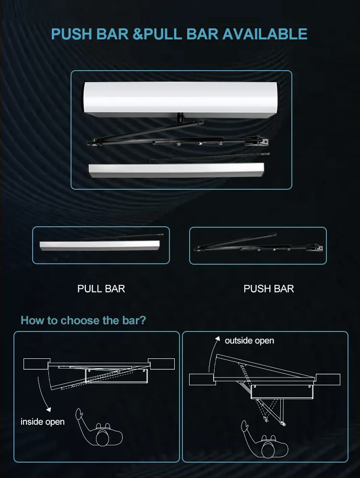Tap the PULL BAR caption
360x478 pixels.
click(x=101, y=289)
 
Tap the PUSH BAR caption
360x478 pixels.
click(x=269, y=289)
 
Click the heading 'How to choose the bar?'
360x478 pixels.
click(x=83, y=320)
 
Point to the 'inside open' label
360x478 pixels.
click(x=42, y=422)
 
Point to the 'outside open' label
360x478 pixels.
click(x=250, y=341)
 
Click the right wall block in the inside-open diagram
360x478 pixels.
click(x=161, y=364)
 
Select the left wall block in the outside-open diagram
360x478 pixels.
click(x=202, y=380)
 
